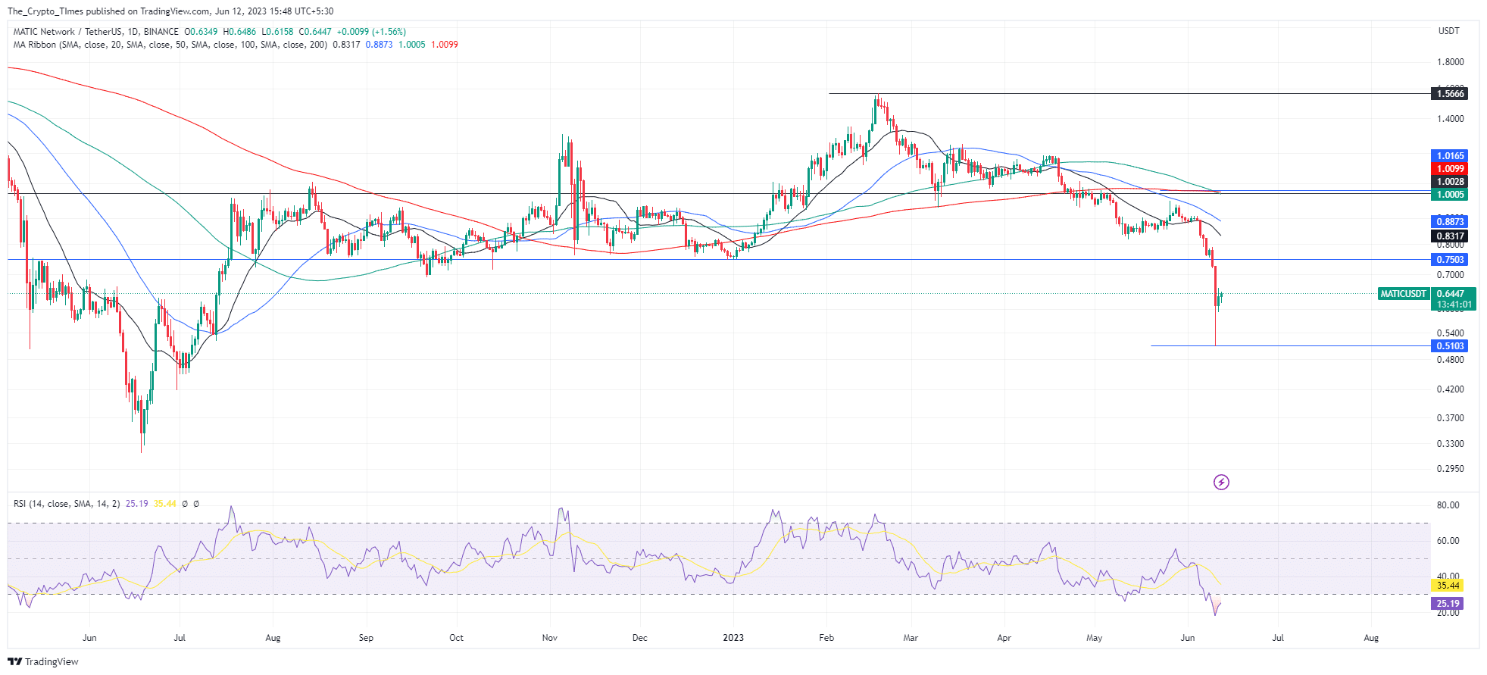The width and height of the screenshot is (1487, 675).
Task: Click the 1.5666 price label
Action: [x=1450, y=94]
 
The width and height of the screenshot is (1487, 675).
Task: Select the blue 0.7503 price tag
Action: [x=1450, y=260]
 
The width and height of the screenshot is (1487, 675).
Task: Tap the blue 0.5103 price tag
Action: [x=1450, y=346]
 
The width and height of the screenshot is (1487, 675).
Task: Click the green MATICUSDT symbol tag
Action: [x=1403, y=294]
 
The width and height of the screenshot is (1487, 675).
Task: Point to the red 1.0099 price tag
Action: [x=1450, y=169]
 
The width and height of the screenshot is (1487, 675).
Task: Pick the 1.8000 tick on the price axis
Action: [x=1450, y=62]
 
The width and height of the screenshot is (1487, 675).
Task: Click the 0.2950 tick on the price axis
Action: [x=1450, y=469]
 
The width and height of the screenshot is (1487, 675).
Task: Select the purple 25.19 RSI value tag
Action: [x=1448, y=604]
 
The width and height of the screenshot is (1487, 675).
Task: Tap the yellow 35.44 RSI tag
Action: [x=1448, y=586]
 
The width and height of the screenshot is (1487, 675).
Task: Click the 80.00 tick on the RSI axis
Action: [x=1448, y=505]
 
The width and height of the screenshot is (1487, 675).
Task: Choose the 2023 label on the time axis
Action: [x=733, y=638]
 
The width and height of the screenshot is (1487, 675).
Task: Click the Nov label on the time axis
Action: [x=550, y=638]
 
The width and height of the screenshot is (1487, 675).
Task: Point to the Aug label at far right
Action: [x=1371, y=638]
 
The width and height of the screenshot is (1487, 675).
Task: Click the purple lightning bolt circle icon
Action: [x=1221, y=482]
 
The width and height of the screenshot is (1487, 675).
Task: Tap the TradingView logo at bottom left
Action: [x=43, y=661]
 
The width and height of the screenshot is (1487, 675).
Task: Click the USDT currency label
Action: [x=1448, y=31]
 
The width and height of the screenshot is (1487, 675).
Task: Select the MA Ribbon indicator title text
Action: [x=35, y=45]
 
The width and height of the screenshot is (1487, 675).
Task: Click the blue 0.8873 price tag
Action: [x=1450, y=222]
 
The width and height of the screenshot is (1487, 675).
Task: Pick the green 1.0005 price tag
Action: [x=1450, y=195]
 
